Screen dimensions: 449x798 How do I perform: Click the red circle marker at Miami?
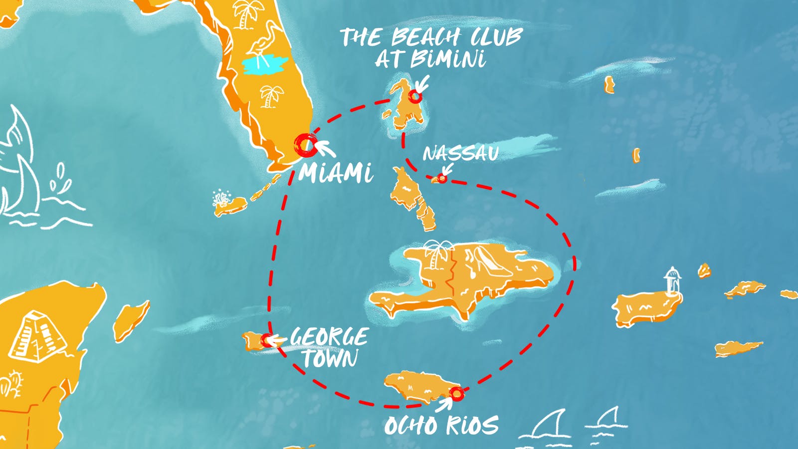[x=305, y=145]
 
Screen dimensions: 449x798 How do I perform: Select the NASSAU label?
[x=460, y=153]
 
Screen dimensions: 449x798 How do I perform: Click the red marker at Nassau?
[x=442, y=178]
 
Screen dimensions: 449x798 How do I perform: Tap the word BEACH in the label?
[x=425, y=37]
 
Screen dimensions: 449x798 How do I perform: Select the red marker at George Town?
[x=267, y=340]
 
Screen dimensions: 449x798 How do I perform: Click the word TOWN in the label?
[x=330, y=358]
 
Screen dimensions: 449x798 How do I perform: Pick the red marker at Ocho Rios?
[x=456, y=394]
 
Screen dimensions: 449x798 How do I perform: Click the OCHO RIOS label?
[x=441, y=425]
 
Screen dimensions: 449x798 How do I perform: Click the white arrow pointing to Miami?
[x=324, y=148]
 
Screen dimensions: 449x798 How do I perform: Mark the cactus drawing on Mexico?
[x=11, y=384]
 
